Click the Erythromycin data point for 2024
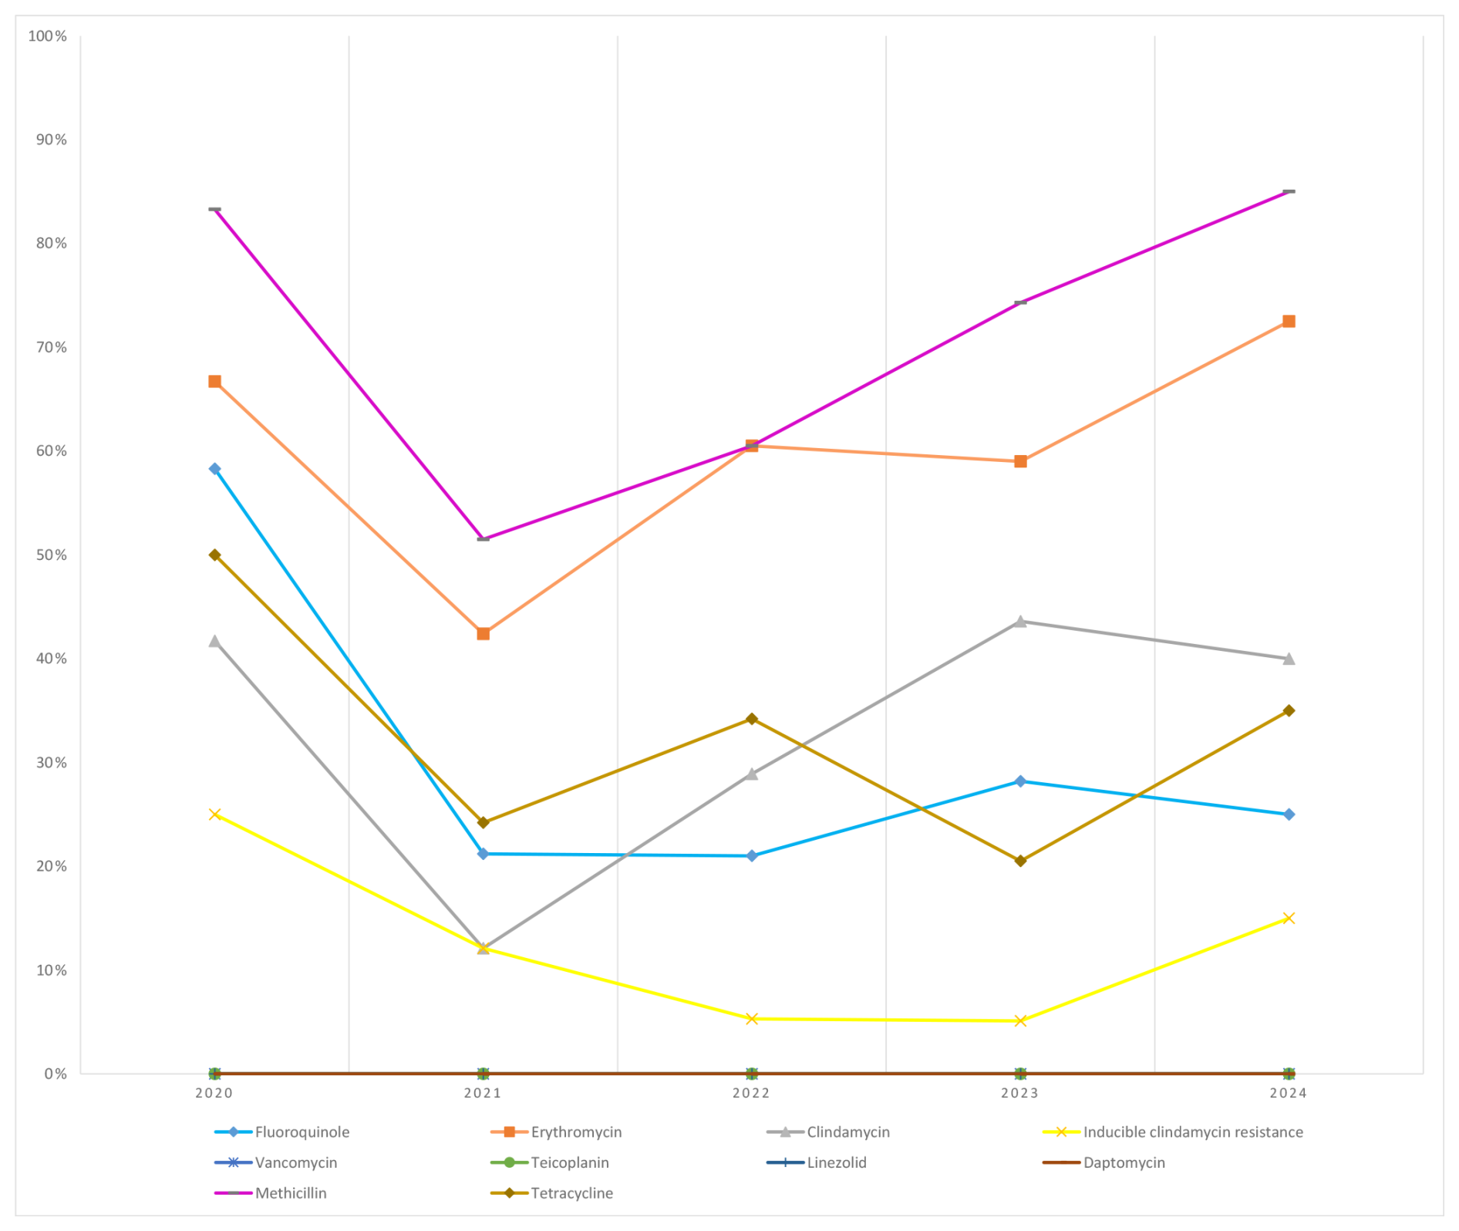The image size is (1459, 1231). pyautogui.click(x=1289, y=322)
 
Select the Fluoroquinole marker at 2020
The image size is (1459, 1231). pyautogui.click(x=214, y=469)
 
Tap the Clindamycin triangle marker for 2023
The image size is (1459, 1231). pyautogui.click(x=1020, y=622)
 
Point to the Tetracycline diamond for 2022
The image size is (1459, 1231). pyautogui.click(x=752, y=719)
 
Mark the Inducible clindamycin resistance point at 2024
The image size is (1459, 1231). pyautogui.click(x=1289, y=918)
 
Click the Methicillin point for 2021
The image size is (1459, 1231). pyautogui.click(x=484, y=538)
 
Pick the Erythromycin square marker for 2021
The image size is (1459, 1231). pyautogui.click(x=484, y=634)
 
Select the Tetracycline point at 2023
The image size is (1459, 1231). pyautogui.click(x=1020, y=861)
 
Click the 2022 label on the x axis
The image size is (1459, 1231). pyautogui.click(x=752, y=1093)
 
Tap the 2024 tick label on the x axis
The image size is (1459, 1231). pyautogui.click(x=1289, y=1093)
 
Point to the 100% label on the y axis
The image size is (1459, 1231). pyautogui.click(x=48, y=36)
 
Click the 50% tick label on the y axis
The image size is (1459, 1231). pyautogui.click(x=51, y=555)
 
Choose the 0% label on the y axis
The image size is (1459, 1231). pyautogui.click(x=56, y=1074)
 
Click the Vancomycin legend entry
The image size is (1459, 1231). pyautogui.click(x=296, y=1162)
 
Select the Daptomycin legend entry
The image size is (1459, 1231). pyautogui.click(x=1124, y=1162)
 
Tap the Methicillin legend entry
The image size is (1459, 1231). pyautogui.click(x=291, y=1193)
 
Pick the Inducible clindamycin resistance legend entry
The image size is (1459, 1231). pyautogui.click(x=1192, y=1132)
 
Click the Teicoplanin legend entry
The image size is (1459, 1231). pyautogui.click(x=570, y=1162)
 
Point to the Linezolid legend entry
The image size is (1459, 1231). pyautogui.click(x=837, y=1162)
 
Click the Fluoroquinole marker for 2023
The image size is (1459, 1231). pyautogui.click(x=1020, y=781)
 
